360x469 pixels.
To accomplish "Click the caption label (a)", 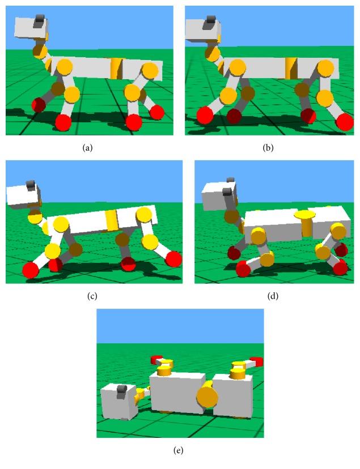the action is pyautogui.click(x=87, y=147).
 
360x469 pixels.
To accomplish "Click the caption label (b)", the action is pyautogui.click(x=268, y=147).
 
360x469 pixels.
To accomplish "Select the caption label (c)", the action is pyautogui.click(x=92, y=296).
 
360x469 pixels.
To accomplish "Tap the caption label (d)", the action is pyautogui.click(x=273, y=296).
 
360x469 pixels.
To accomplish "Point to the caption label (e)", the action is pyautogui.click(x=179, y=450).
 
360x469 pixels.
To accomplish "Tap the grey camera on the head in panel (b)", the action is pyautogui.click(x=209, y=23).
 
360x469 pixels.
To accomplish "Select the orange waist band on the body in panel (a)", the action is pyautogui.click(x=116, y=69).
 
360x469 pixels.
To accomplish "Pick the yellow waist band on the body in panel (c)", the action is pyautogui.click(x=111, y=220).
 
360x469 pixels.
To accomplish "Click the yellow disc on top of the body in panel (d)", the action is pyautogui.click(x=305, y=214).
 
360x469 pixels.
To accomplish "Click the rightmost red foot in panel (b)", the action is pyautogui.click(x=345, y=122).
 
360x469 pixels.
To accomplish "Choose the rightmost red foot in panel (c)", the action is pyautogui.click(x=173, y=259).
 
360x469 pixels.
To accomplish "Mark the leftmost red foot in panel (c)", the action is pyautogui.click(x=31, y=270).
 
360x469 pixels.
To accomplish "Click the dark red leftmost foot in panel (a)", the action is pyautogui.click(x=39, y=105).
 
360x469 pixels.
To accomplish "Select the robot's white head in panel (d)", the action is pyautogui.click(x=219, y=195).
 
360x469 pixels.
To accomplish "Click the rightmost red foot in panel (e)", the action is pyautogui.click(x=257, y=361).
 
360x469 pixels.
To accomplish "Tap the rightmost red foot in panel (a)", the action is pyautogui.click(x=157, y=113).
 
